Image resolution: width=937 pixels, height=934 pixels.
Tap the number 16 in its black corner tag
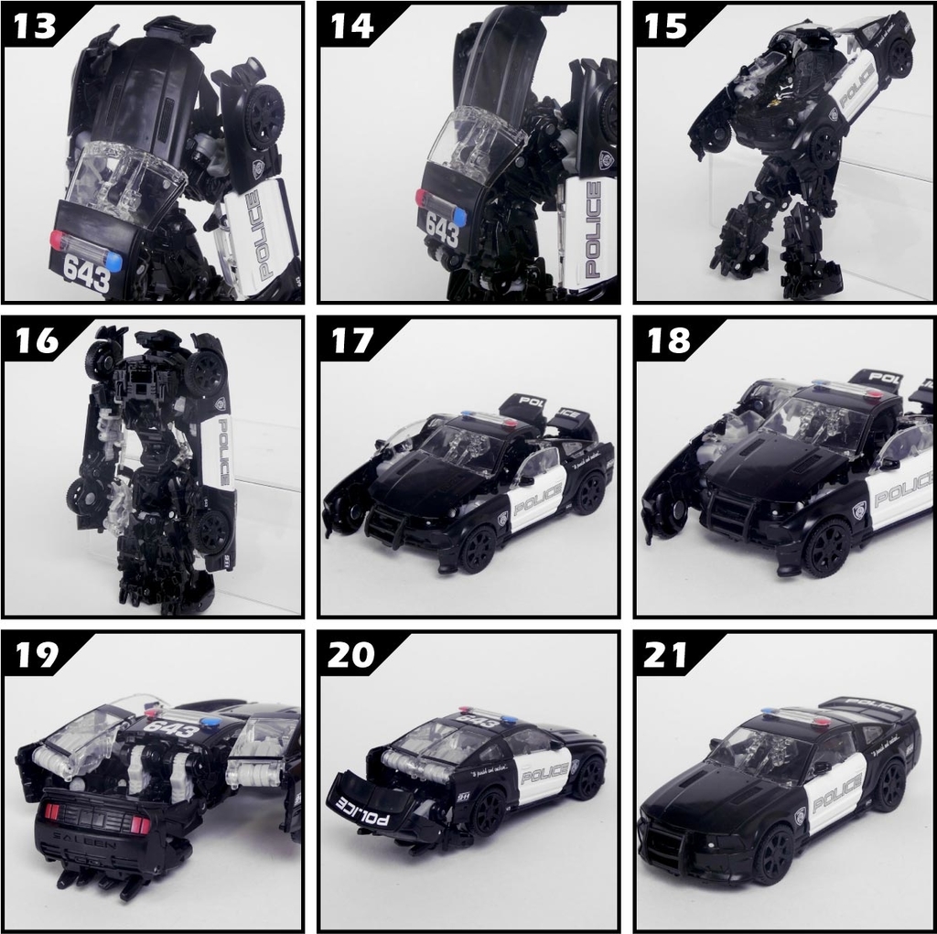(x=37, y=340)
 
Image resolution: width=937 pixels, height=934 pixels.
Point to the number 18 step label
(x=668, y=340)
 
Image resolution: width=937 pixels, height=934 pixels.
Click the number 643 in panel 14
(x=443, y=232)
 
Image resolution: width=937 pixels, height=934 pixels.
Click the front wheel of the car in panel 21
(x=772, y=853)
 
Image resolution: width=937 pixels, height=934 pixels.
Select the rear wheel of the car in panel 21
(x=889, y=784)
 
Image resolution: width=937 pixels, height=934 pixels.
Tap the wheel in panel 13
(x=263, y=115)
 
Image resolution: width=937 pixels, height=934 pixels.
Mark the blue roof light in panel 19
(x=211, y=723)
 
